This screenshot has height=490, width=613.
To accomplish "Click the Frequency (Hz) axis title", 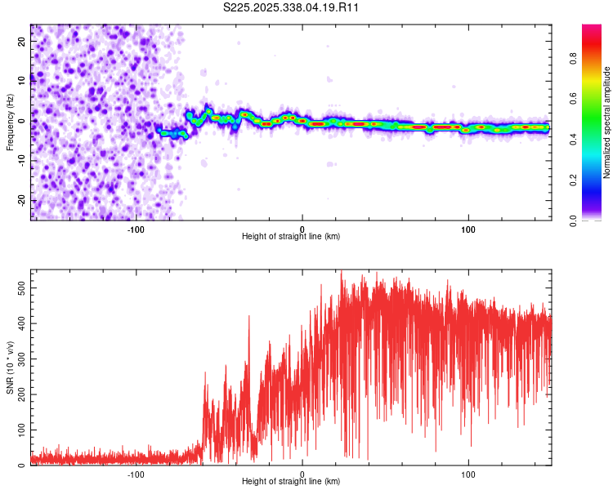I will coord(10,122).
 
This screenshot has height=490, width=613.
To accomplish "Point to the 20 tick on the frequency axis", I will coord(22,42).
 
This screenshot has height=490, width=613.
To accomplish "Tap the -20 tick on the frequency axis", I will coord(20,200).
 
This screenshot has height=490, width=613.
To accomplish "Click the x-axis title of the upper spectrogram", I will coord(291,236).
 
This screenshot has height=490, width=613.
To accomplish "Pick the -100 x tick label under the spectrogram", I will coord(136,229).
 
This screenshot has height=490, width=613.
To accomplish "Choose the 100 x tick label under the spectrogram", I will coord(468,229).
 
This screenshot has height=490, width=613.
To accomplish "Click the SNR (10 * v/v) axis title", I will coord(10,367).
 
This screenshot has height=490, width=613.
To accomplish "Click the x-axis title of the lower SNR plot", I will coord(291,481).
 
